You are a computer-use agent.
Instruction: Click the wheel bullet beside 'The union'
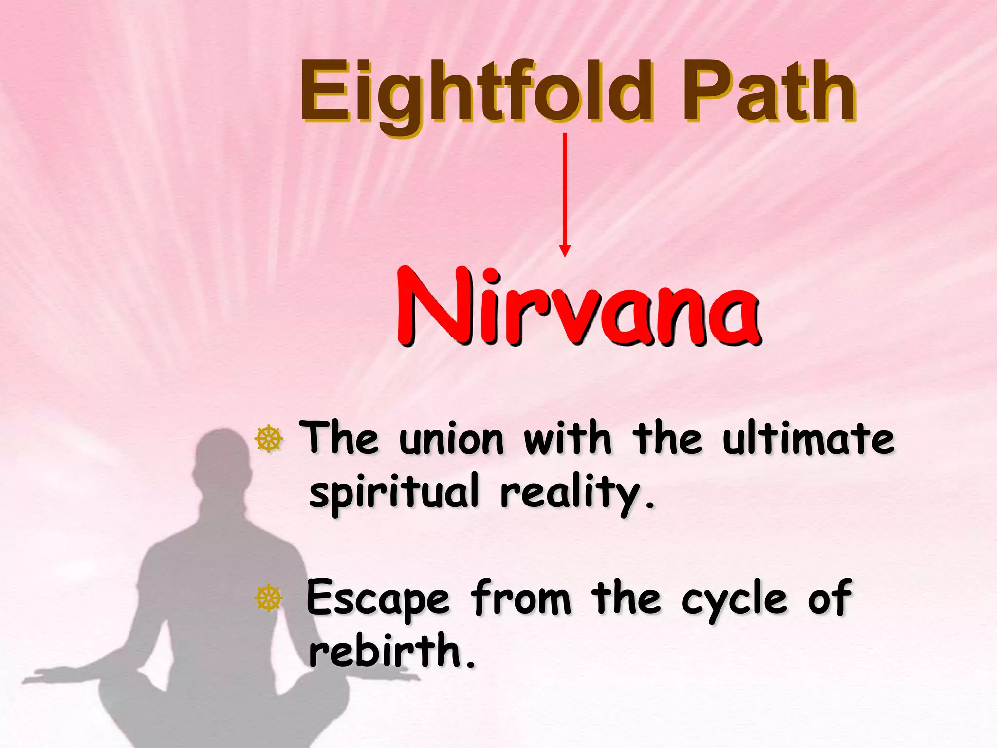point(269,439)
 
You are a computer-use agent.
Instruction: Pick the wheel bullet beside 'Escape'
point(269,598)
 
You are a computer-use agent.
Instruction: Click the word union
point(451,440)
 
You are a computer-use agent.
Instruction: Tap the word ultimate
point(808,439)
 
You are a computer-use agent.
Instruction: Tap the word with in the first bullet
point(567,439)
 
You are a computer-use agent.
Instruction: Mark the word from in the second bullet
point(520,598)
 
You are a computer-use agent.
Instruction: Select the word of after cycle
point(830,598)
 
